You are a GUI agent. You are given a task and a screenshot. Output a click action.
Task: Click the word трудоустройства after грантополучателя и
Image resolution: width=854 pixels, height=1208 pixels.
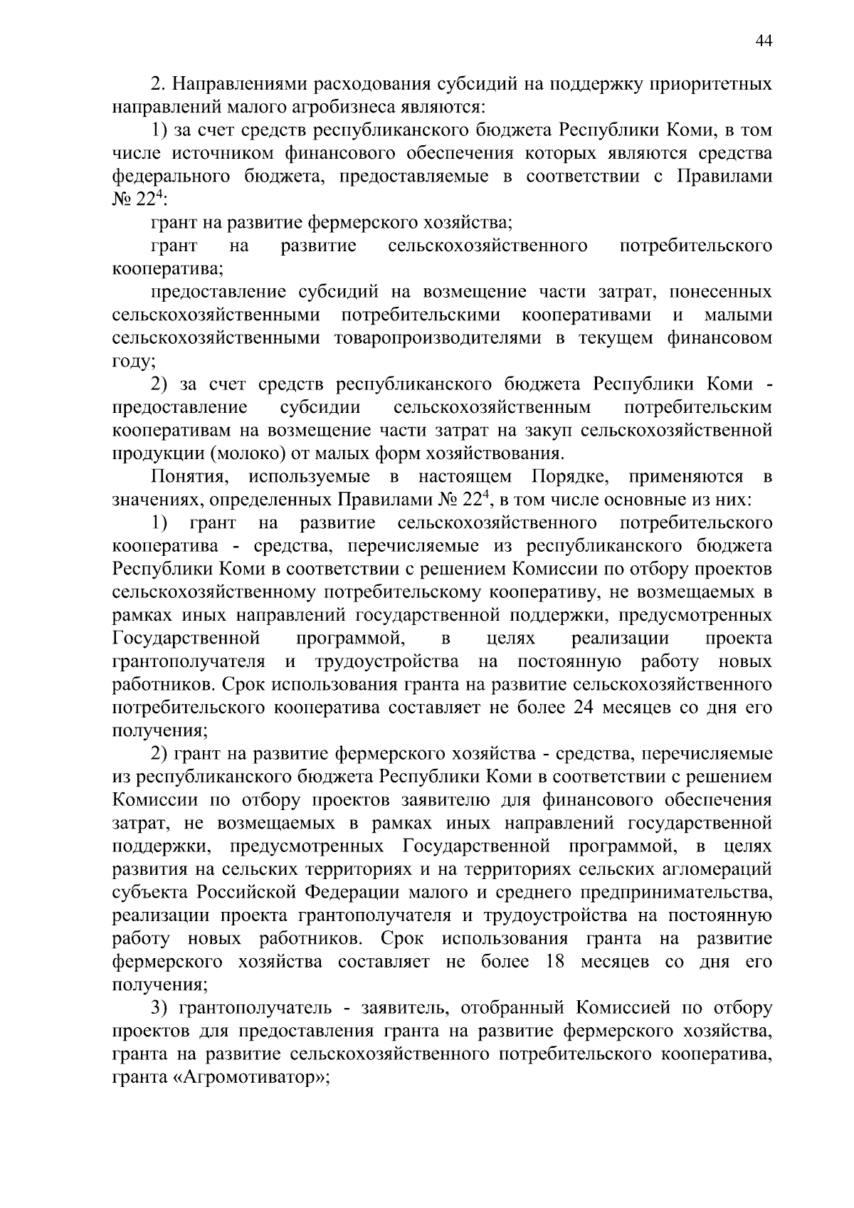tap(386, 661)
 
